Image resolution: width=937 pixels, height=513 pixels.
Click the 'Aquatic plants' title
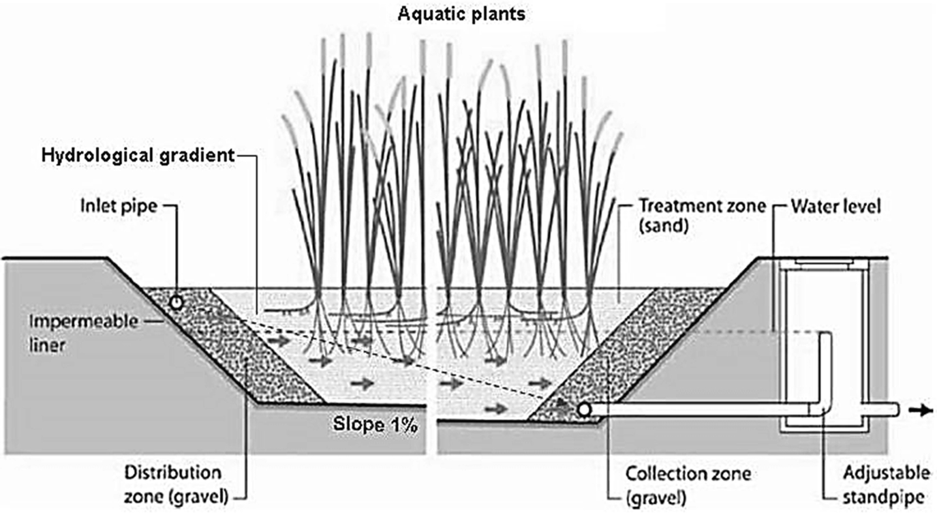click(x=461, y=14)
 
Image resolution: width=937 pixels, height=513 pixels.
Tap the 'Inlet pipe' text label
click(x=118, y=205)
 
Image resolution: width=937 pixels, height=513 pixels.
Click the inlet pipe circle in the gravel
click(x=176, y=302)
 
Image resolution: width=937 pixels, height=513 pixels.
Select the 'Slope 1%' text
click(x=375, y=425)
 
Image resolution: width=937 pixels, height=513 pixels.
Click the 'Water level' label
click(x=836, y=206)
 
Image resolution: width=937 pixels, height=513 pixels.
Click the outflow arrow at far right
click(x=921, y=410)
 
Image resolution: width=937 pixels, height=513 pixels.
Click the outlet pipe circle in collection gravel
click(x=583, y=409)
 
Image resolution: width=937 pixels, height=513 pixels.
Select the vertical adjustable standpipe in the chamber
click(x=825, y=368)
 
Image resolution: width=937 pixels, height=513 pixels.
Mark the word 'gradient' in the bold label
click(x=198, y=156)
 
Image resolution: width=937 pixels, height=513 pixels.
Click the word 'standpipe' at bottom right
click(x=886, y=496)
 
